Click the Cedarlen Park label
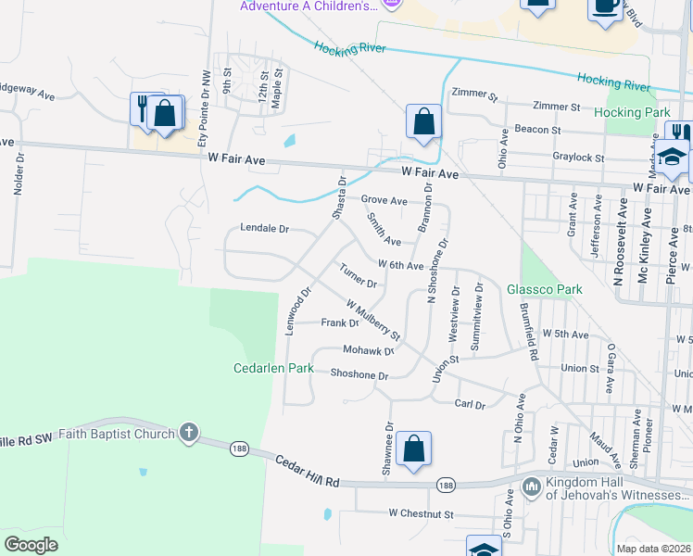[274, 369]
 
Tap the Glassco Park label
[545, 289]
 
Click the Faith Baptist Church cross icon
[188, 433]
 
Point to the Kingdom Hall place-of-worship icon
[532, 486]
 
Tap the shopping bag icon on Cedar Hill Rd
[416, 448]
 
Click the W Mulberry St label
[373, 319]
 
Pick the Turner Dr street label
[358, 275]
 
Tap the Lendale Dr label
[265, 228]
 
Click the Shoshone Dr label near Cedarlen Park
[359, 375]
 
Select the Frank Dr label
[339, 323]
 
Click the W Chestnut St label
[422, 512]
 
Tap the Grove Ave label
[384, 200]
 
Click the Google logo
[31, 544]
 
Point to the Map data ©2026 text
[652, 549]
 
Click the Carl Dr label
[471, 404]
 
